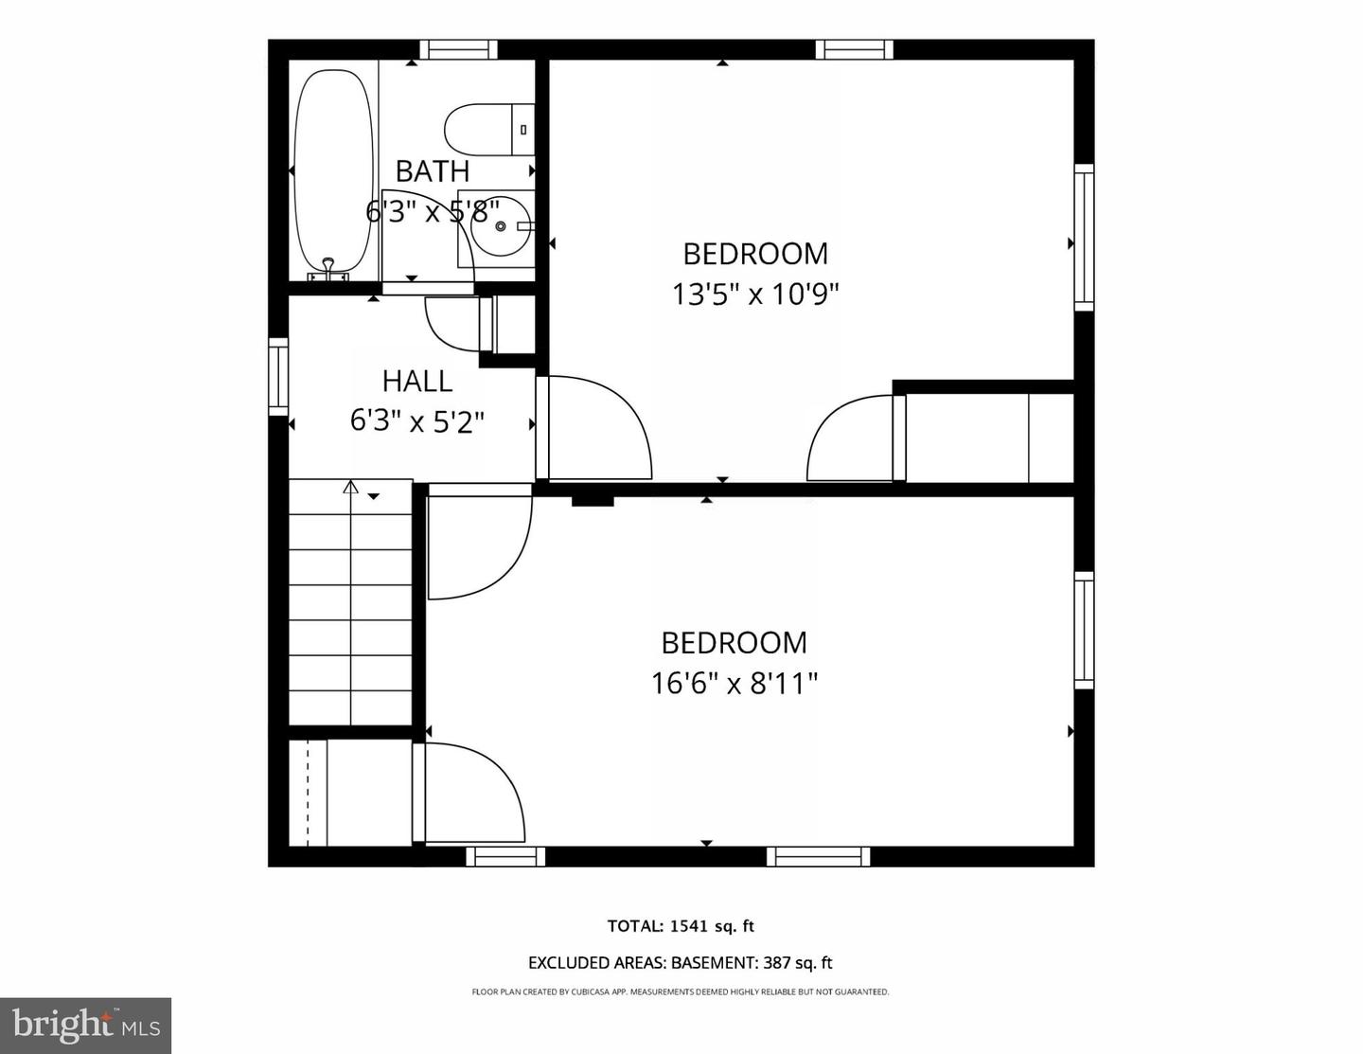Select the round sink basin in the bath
501,226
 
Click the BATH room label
432,171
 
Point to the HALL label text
416,381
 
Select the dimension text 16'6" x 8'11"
734,683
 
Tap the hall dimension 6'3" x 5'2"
416,420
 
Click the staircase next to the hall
350,606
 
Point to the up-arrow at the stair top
350,488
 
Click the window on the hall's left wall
278,376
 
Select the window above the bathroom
458,49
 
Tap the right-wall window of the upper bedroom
1084,237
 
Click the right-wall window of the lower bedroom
1084,630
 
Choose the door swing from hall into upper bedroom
596,431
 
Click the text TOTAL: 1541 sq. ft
681,926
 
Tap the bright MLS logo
85,1026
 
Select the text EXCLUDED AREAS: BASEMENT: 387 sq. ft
681,963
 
